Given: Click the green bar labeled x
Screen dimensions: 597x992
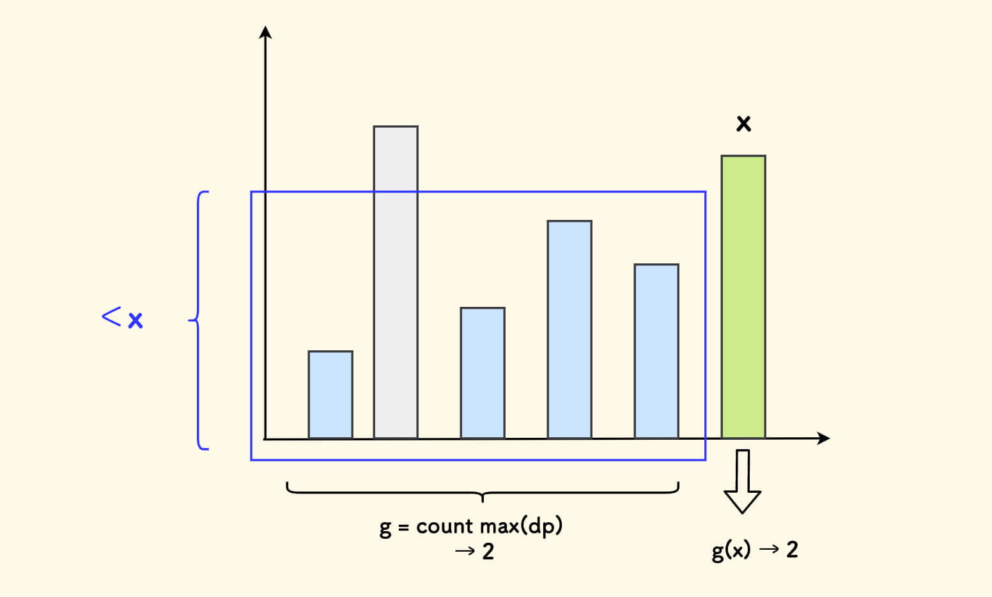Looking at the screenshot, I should [743, 297].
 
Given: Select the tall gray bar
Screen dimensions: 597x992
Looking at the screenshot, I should [396, 282].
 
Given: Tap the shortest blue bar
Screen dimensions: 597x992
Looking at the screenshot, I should [330, 394].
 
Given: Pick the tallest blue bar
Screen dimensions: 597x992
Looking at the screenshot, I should [570, 329].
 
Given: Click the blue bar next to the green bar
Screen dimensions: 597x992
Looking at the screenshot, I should [656, 351].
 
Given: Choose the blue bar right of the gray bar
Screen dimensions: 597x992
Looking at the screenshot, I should [483, 373].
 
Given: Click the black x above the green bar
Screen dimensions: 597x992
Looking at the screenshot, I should [743, 123].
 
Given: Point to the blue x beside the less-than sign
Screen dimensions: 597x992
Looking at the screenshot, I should [135, 320].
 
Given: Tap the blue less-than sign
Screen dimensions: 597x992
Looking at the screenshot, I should [111, 316].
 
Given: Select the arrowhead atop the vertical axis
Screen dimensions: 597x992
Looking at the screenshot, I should [265, 32].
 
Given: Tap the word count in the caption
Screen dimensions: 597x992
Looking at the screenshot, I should [444, 527].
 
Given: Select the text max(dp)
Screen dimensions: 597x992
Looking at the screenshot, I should [521, 527].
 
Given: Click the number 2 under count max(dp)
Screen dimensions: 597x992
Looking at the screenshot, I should [488, 551].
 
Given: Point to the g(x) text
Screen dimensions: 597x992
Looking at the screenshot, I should [731, 550].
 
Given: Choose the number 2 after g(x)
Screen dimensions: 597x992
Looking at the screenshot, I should [792, 549].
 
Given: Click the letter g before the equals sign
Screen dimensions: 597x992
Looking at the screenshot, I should [385, 529].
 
